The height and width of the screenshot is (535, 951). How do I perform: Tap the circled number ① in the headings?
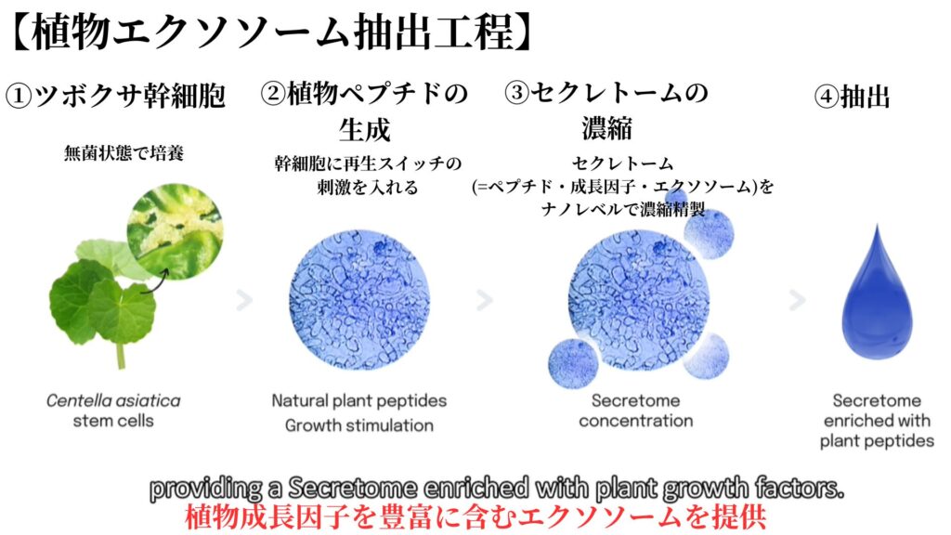pos(19,97)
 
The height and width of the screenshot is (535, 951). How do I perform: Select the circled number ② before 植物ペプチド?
pos(273,94)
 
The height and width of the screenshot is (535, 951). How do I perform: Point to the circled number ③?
pos(516,93)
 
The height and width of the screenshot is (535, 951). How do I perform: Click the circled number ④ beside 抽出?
pos(827,97)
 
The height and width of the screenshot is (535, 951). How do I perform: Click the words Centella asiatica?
pos(113,401)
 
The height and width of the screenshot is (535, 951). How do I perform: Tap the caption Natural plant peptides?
pos(359,401)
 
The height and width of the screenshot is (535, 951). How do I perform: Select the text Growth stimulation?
pos(359,425)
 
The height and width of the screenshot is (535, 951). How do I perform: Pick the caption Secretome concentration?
pos(635,411)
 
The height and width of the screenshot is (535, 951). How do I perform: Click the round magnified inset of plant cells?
pos(175,232)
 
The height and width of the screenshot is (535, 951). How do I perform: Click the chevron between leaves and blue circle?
pos(244,300)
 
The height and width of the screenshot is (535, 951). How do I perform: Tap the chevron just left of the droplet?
pos(798,300)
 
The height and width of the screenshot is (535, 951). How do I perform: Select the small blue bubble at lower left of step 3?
pos(573,363)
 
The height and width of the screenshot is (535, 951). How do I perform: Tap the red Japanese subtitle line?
pos(475,516)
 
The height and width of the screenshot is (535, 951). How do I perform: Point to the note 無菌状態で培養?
pos(124,153)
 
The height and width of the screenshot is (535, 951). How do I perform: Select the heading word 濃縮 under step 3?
pos(607,128)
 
